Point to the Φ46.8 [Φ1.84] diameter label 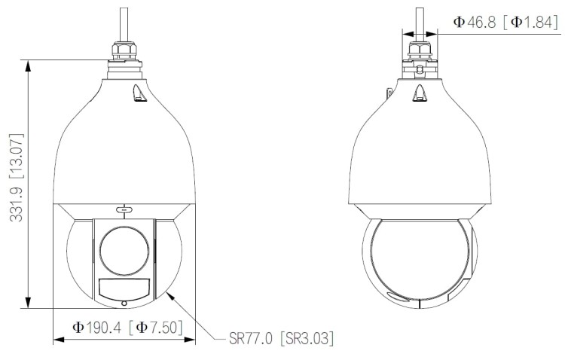[505, 23]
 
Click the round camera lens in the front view [124, 249]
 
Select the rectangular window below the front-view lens [124, 287]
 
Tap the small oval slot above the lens [124, 209]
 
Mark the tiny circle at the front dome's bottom [124, 303]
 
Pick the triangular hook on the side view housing [420, 93]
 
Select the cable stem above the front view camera [124, 19]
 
